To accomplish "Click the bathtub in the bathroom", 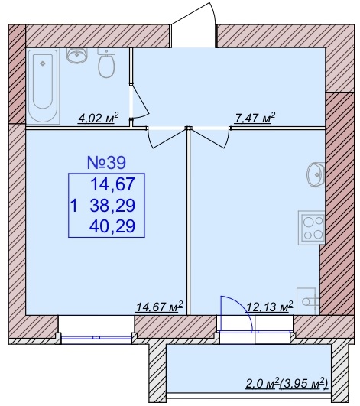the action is coord(44,86).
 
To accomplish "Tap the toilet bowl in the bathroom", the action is coord(106,63).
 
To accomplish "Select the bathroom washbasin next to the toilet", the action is coord(77,55).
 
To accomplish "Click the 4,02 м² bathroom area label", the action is coord(98,119).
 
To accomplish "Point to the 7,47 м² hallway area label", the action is coord(255,118).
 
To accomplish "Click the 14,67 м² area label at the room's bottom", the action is coord(160,307).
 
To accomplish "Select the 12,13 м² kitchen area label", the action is coord(269,307).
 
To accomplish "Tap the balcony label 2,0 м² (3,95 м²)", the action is coord(287,384).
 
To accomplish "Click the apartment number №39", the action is coord(106,163).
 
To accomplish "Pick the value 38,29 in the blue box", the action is coord(112,206).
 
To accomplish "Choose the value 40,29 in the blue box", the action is coord(112,226).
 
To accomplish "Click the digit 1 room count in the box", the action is coord(74,206).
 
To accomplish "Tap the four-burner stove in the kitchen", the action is coord(311,228).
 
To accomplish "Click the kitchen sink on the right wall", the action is coord(316,174).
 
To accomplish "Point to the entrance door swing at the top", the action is coord(193,24).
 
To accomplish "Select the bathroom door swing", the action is coord(140,102).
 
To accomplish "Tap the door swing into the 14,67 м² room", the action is coord(167,138).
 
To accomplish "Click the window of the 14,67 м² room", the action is coord(96,337).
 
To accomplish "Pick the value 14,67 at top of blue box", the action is coord(113,184).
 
